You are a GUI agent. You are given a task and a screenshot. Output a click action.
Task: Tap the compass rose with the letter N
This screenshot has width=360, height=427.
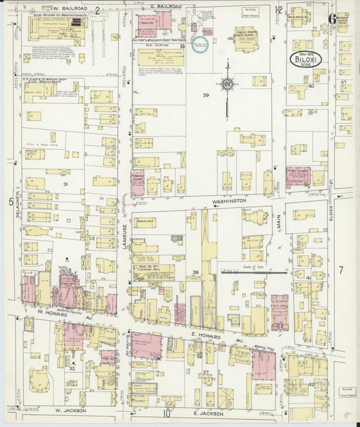click(228, 82)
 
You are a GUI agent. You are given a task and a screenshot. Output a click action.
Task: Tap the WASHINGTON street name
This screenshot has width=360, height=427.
click(228, 201)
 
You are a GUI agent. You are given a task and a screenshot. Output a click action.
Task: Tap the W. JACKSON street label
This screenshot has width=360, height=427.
click(68, 409)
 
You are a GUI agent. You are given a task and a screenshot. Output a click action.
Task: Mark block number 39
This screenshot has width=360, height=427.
click(205, 95)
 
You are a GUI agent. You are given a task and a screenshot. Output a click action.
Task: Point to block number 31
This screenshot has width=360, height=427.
click(66, 184)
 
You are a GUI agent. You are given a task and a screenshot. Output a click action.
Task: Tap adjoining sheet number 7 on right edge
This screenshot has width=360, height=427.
click(341, 270)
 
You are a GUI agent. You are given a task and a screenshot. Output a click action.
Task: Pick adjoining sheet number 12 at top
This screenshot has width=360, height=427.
click(278, 9)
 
